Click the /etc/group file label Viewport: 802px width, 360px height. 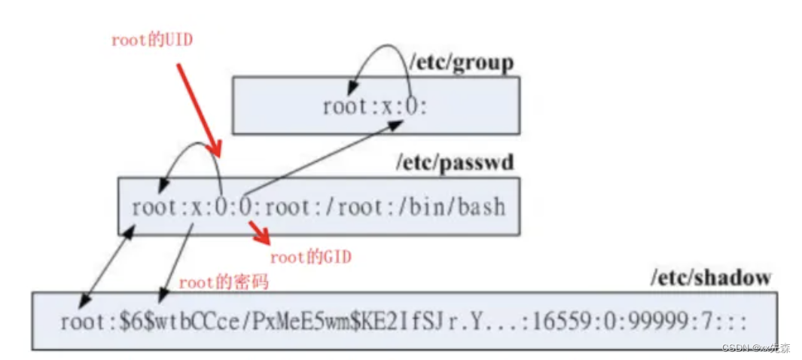tap(461, 63)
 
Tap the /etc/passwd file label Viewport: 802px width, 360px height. tap(456, 162)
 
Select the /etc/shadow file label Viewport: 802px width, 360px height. tap(711, 278)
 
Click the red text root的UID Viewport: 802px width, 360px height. tap(152, 41)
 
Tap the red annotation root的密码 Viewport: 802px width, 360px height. tap(224, 283)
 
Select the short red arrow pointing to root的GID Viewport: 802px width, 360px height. tap(261, 233)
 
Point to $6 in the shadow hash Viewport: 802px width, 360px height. tap(128, 322)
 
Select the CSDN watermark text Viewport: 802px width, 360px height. tap(755, 349)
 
